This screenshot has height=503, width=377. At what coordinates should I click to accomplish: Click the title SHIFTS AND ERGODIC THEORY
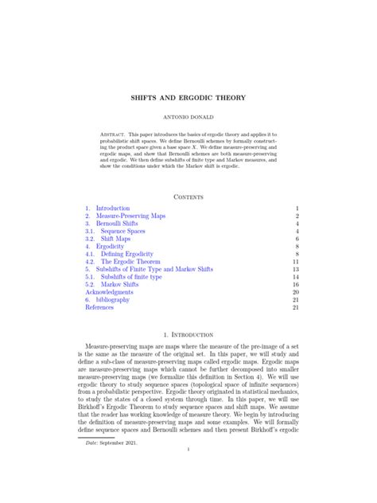coord(188,98)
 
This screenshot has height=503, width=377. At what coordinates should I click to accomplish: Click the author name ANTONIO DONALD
coord(188,119)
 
